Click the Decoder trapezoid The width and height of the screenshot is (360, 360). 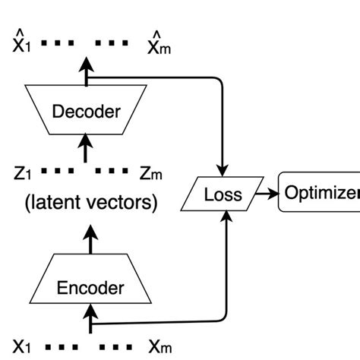pos(85,112)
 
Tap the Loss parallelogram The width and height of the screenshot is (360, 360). pos(223,195)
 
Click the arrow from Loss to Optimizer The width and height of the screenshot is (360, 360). pos(268,195)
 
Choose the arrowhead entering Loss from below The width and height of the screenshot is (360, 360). pos(226,219)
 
